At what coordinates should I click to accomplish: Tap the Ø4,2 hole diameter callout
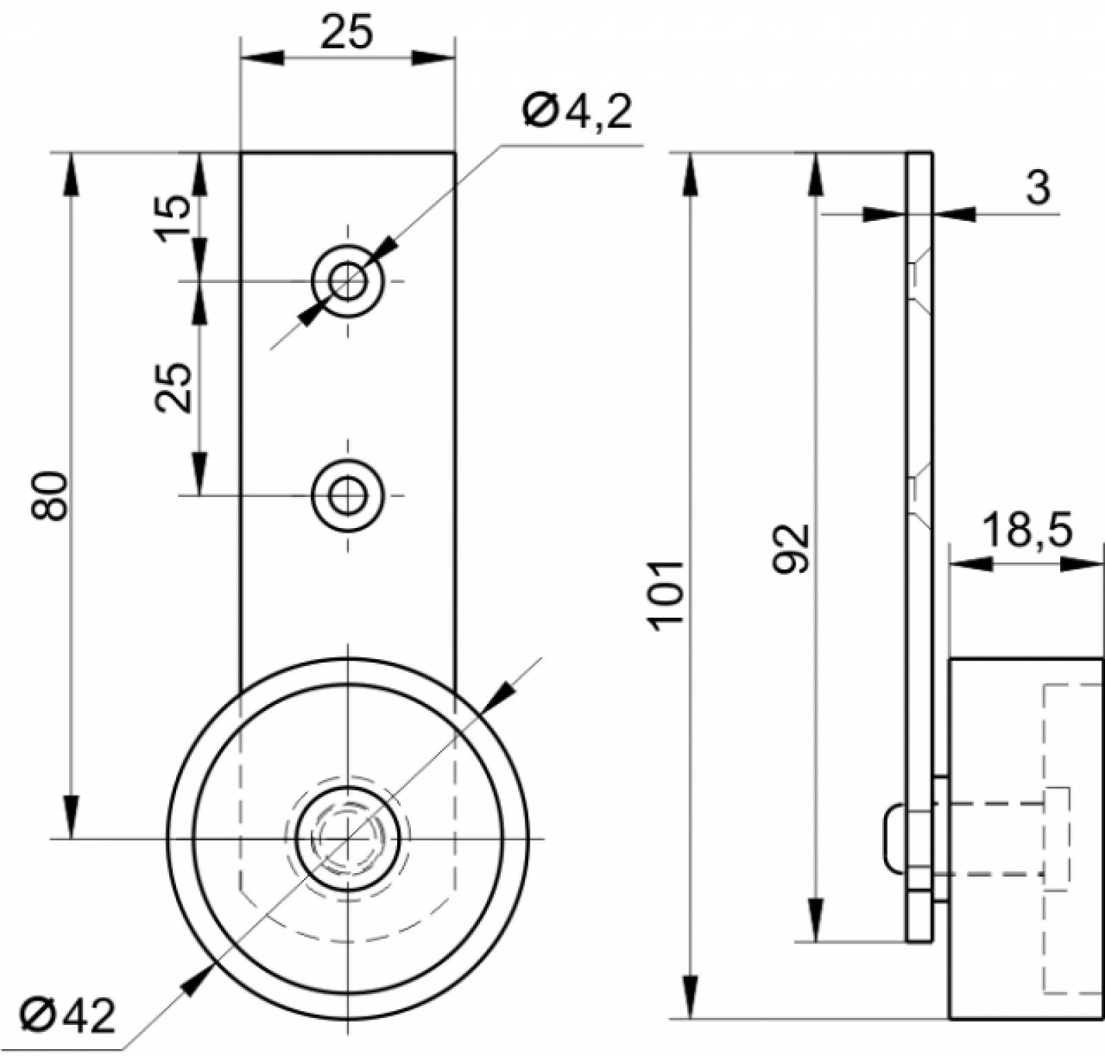(578, 111)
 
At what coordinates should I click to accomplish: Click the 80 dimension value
(50, 495)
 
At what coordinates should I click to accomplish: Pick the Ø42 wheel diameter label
(68, 1015)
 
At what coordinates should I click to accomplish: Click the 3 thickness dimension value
(1038, 187)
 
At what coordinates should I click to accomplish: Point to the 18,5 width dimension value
(1026, 530)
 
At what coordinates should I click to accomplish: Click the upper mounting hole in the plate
(347, 281)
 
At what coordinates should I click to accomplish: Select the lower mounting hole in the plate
(347, 495)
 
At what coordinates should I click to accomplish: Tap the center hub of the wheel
(348, 838)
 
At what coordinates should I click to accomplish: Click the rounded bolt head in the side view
(894, 837)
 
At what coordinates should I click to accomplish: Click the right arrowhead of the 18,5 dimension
(1080, 564)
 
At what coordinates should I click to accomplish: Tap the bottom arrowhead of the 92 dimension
(816, 918)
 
